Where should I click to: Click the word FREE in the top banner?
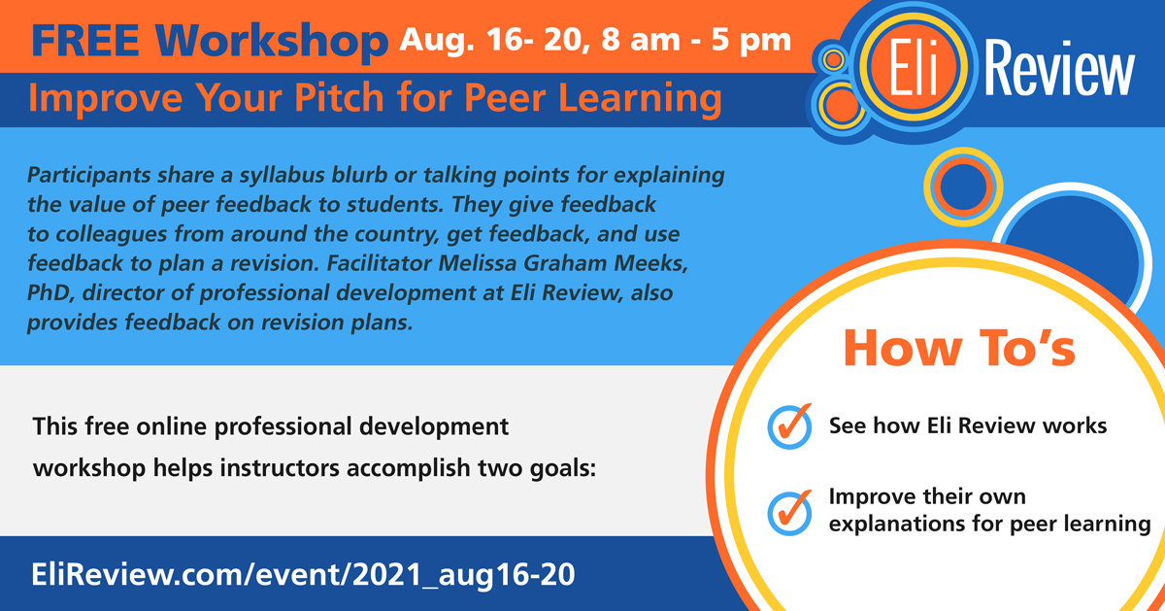pyautogui.click(x=84, y=41)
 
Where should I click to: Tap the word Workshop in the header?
pyautogui.click(x=272, y=43)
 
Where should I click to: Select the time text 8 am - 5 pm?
pyautogui.click(x=696, y=41)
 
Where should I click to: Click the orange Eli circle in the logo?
pyautogui.click(x=914, y=68)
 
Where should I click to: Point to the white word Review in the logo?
pyautogui.click(x=1059, y=68)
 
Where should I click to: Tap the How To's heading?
pyautogui.click(x=959, y=349)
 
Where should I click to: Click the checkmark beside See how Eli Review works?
pyautogui.click(x=789, y=425)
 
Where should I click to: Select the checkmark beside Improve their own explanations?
pyautogui.click(x=789, y=513)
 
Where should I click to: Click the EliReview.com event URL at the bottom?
pyautogui.click(x=303, y=575)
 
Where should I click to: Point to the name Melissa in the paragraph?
pyautogui.click(x=478, y=263)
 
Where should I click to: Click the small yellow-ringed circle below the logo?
pyautogui.click(x=963, y=187)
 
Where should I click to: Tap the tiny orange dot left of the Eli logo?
pyautogui.click(x=833, y=59)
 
